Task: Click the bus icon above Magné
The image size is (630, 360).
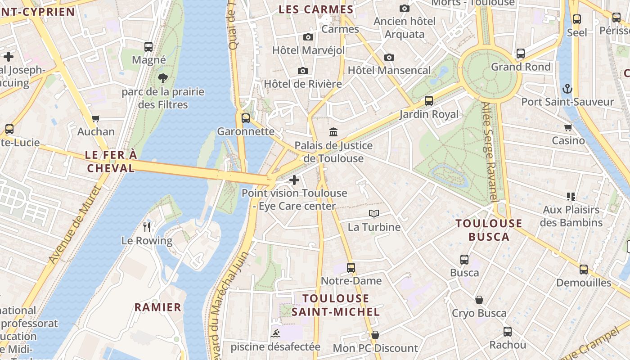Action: (x=148, y=46)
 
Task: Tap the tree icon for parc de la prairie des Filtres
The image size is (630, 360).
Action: (x=163, y=78)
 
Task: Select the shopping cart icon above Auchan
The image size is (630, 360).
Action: (x=95, y=119)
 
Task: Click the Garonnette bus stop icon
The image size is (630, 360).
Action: (x=246, y=118)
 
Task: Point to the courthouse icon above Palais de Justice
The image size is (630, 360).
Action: (x=333, y=132)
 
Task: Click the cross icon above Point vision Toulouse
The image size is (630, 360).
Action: (x=294, y=180)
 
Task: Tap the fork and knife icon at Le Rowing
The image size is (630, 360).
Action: (x=146, y=226)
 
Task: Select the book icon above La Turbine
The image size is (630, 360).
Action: (x=373, y=213)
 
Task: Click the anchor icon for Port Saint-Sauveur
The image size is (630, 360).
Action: (x=567, y=88)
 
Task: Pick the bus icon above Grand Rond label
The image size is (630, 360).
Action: (x=521, y=54)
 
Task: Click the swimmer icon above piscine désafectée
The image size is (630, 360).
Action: (x=275, y=333)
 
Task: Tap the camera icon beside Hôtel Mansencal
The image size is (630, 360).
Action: (x=389, y=57)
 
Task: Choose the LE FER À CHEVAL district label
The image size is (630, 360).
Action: (x=111, y=162)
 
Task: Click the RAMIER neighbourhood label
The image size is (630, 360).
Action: (x=158, y=307)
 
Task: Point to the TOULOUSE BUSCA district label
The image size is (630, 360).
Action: (x=489, y=230)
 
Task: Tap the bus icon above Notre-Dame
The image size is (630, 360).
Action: (x=351, y=268)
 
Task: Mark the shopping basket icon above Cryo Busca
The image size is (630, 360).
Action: (x=479, y=300)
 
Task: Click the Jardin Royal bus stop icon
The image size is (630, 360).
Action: (x=429, y=101)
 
